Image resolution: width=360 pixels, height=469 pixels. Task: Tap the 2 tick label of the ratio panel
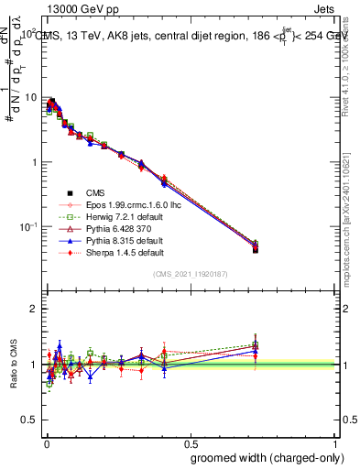33,309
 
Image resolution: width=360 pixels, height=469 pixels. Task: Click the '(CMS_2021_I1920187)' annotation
190,274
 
